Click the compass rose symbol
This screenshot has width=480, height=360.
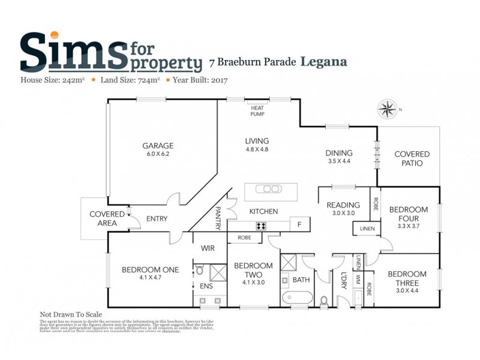[388, 110]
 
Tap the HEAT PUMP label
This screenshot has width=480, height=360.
[258, 110]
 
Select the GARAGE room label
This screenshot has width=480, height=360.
[158, 146]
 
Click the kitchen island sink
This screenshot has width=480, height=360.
[268, 188]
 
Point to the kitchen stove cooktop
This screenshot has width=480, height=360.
[262, 226]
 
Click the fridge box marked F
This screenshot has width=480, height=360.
[299, 226]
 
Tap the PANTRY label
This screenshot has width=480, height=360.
[218, 218]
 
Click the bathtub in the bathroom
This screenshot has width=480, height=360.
[296, 298]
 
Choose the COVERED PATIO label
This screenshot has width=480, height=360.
[408, 158]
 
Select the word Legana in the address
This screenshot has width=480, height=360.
[323, 61]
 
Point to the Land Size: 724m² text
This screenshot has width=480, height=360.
[130, 80]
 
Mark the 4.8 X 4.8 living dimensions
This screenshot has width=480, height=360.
[256, 149]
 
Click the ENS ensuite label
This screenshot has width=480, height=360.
[206, 286]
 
